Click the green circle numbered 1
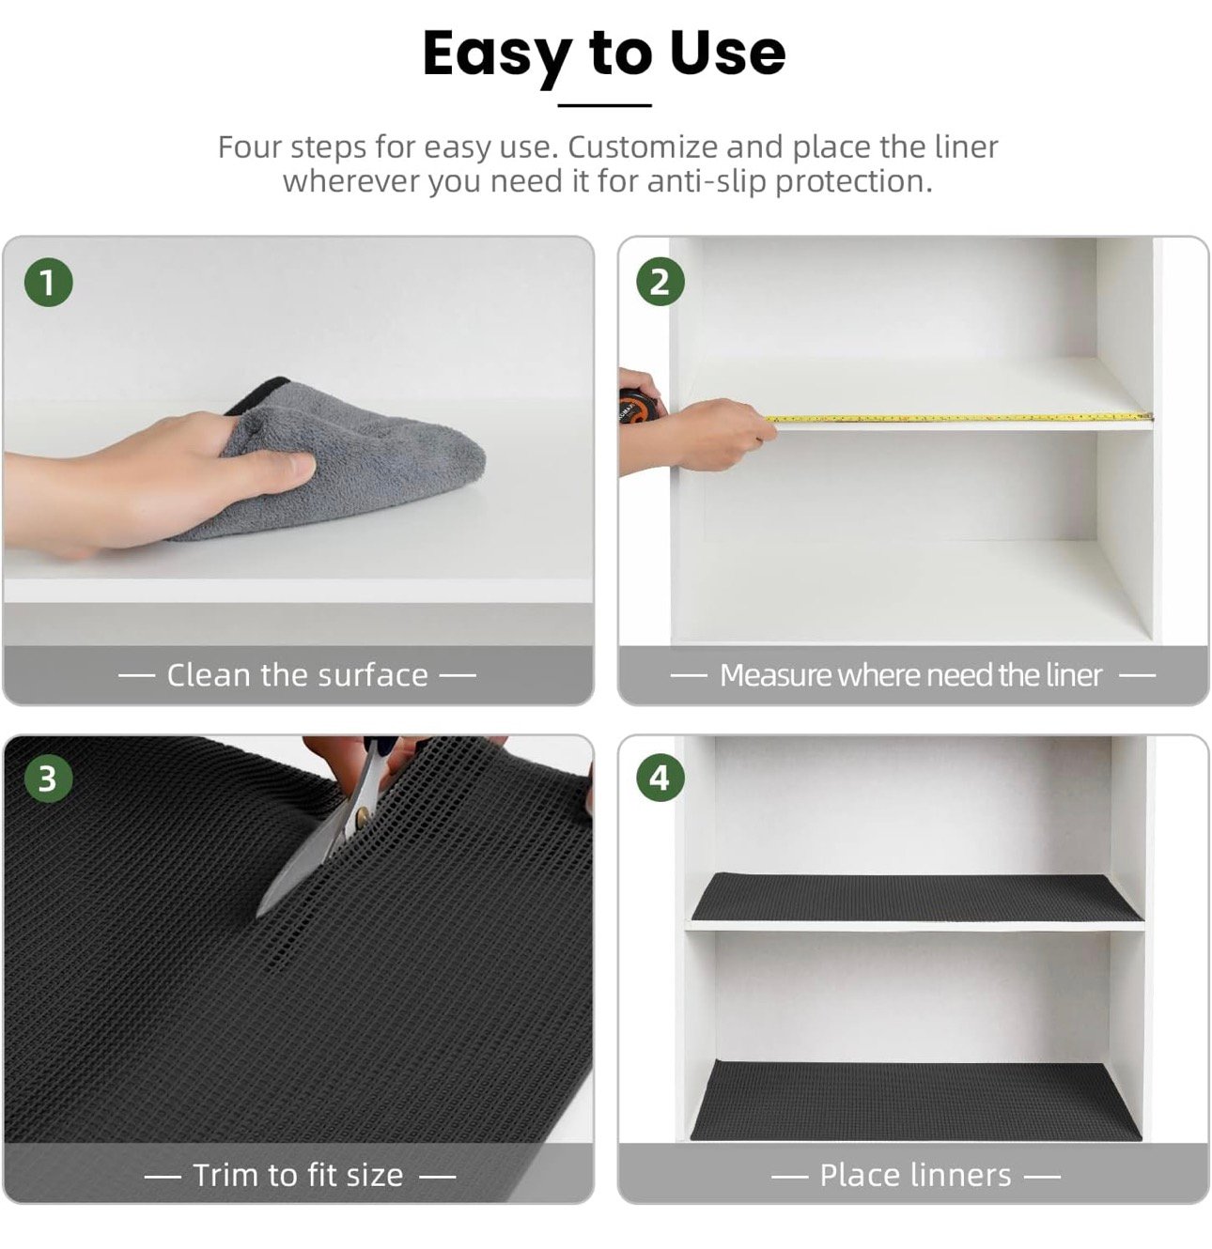click(48, 283)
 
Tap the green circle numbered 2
click(660, 283)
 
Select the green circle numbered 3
click(48, 779)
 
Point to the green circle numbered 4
click(660, 779)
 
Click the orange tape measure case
click(634, 406)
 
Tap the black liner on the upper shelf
click(916, 897)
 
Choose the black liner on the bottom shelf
click(915, 1100)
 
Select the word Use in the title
click(726, 53)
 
